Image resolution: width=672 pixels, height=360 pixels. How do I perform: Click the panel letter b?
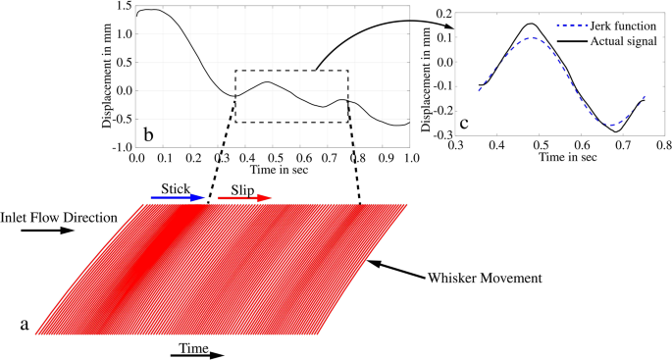pos(147,132)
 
